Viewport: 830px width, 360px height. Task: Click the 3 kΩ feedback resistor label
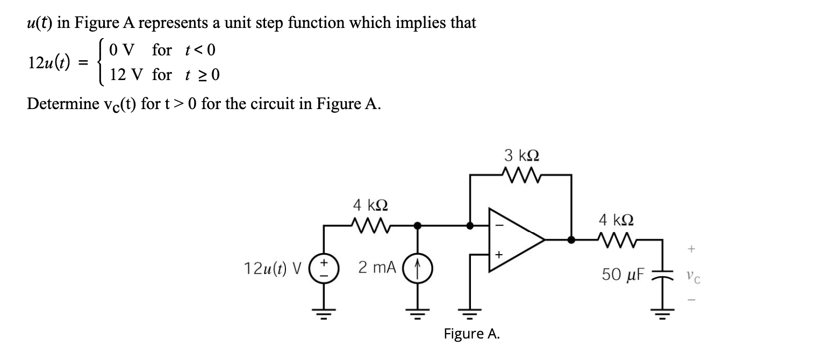click(522, 156)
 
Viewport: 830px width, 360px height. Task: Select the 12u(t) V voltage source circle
click(324, 267)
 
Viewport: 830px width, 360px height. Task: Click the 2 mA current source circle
click(418, 267)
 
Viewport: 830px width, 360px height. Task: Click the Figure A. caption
click(471, 334)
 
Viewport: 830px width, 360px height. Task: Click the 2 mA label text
click(377, 267)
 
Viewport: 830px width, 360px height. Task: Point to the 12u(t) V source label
click(272, 267)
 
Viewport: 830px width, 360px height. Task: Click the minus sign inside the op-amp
click(497, 226)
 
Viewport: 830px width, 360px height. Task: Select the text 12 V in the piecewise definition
click(127, 75)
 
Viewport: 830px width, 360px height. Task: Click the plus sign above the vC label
click(691, 249)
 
